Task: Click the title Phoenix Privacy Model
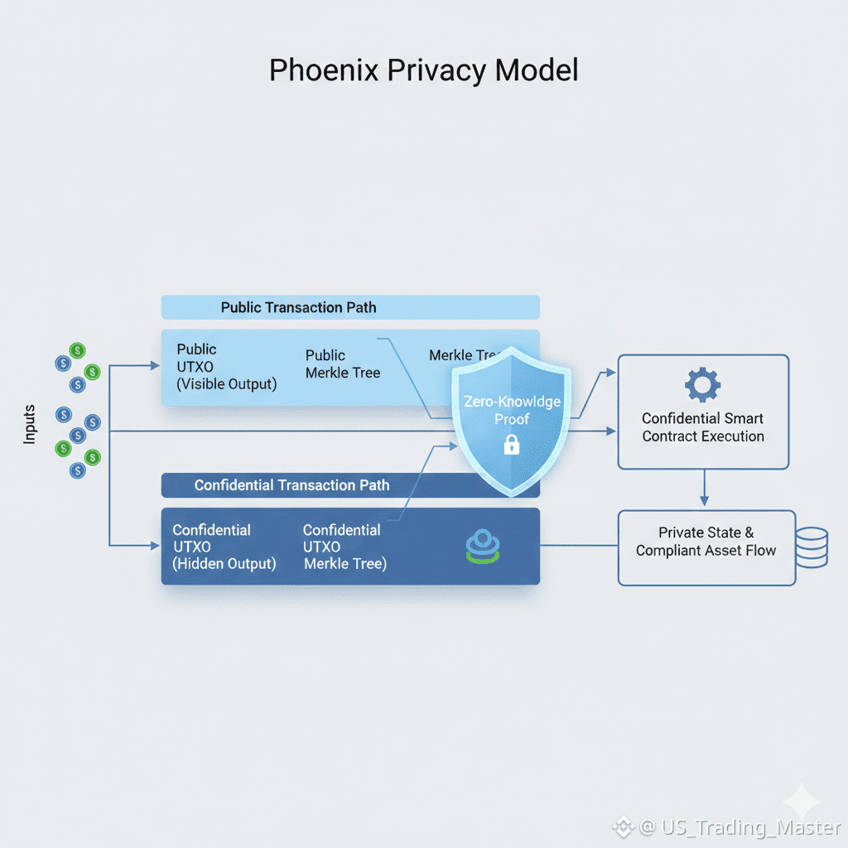tap(423, 70)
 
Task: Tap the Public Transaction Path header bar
tap(349, 307)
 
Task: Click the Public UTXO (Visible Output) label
tap(226, 367)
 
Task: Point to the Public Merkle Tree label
tap(342, 364)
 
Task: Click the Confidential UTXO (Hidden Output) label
tap(224, 547)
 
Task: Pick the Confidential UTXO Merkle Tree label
tap(344, 547)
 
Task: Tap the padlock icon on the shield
tap(512, 446)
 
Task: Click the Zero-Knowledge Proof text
tap(512, 411)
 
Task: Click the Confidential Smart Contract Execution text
tap(703, 427)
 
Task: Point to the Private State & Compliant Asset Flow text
tap(706, 542)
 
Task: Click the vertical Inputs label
tap(30, 423)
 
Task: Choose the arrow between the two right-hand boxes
tap(704, 489)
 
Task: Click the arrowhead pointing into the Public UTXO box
tap(154, 365)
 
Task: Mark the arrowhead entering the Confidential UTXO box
tap(154, 545)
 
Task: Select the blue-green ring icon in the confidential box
tap(484, 546)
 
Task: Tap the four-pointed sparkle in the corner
tap(802, 802)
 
